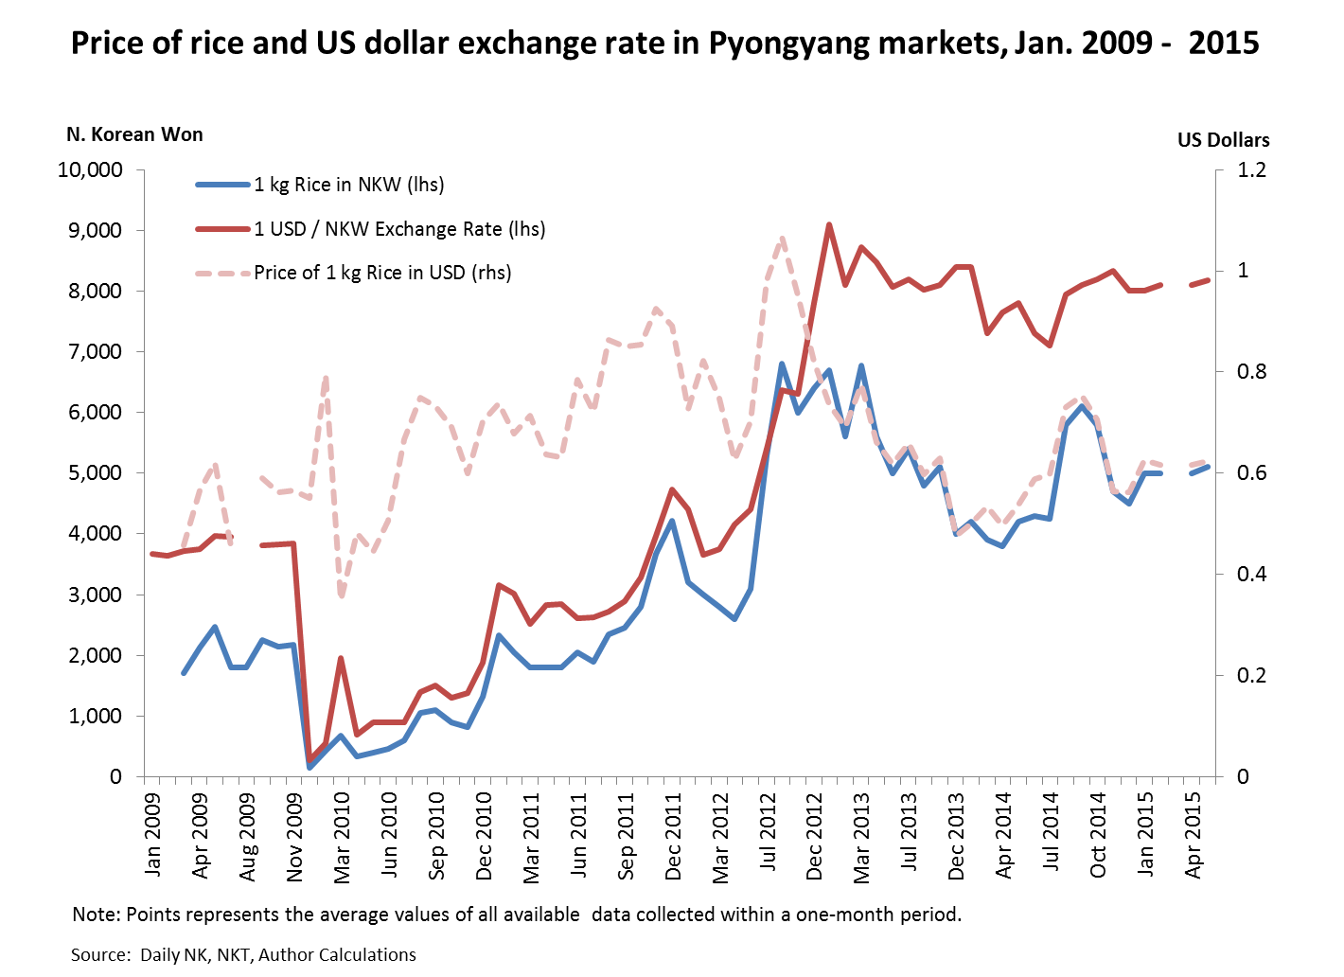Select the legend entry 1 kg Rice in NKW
click(x=348, y=185)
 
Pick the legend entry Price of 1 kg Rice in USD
click(x=382, y=273)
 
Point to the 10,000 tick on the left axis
click(x=91, y=170)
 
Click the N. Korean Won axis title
click(x=134, y=134)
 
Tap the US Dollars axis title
click(x=1223, y=140)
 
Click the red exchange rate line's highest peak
click(x=829, y=224)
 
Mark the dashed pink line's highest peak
click(x=783, y=239)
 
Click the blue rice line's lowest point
click(x=309, y=767)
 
